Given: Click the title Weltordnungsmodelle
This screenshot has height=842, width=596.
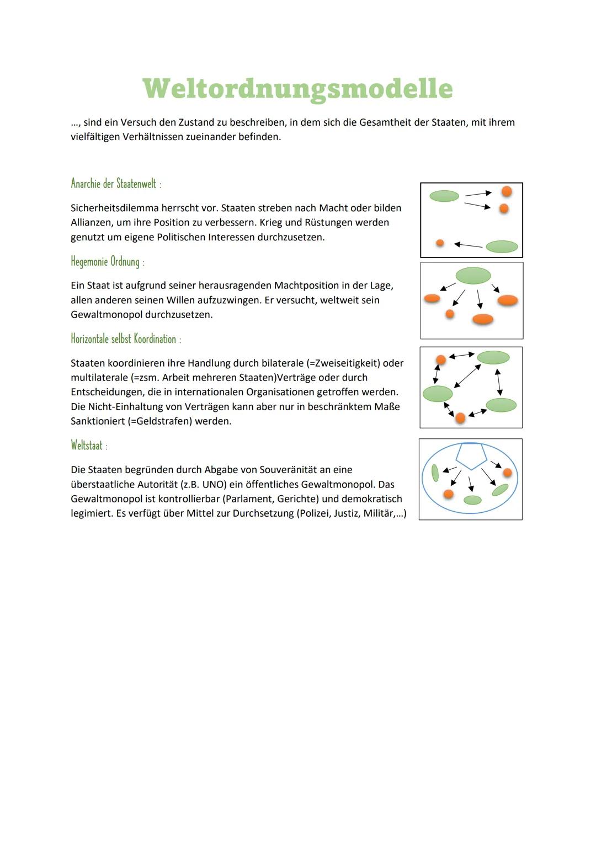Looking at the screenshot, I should (x=297, y=88).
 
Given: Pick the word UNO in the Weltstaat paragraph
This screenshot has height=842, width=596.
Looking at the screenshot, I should (x=212, y=485).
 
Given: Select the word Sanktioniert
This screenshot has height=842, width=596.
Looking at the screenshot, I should (x=97, y=421).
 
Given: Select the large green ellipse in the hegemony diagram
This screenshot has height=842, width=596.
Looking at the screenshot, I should (x=473, y=275).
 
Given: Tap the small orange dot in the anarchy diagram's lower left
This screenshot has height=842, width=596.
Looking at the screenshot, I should (x=440, y=243).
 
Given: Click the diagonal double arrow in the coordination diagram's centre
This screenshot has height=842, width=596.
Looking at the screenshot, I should (x=467, y=376).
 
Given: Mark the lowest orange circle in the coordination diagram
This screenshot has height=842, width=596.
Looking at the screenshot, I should (x=460, y=418).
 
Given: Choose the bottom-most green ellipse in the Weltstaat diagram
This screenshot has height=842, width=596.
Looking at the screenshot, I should (x=472, y=500).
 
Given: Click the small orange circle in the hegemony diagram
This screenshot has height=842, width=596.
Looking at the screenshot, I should (x=450, y=314).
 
